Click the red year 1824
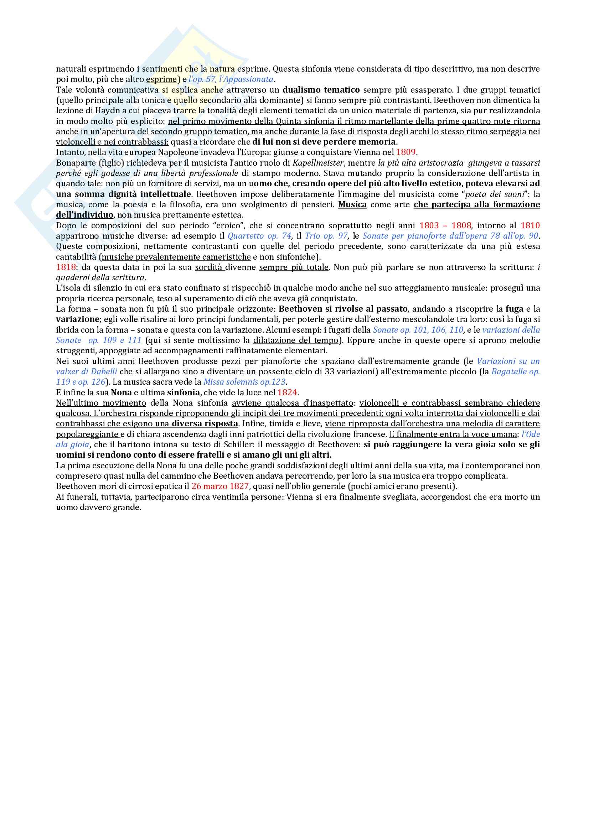pyautogui.click(x=287, y=392)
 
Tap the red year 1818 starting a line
pyautogui.click(x=66, y=267)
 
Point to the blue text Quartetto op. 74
pyautogui.click(x=259, y=236)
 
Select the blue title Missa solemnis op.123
pyautogui.click(x=244, y=382)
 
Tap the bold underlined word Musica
pyautogui.click(x=352, y=205)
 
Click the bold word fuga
pyautogui.click(x=515, y=309)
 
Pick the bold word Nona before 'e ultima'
pyautogui.click(x=121, y=392)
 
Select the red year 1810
pyautogui.click(x=530, y=226)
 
